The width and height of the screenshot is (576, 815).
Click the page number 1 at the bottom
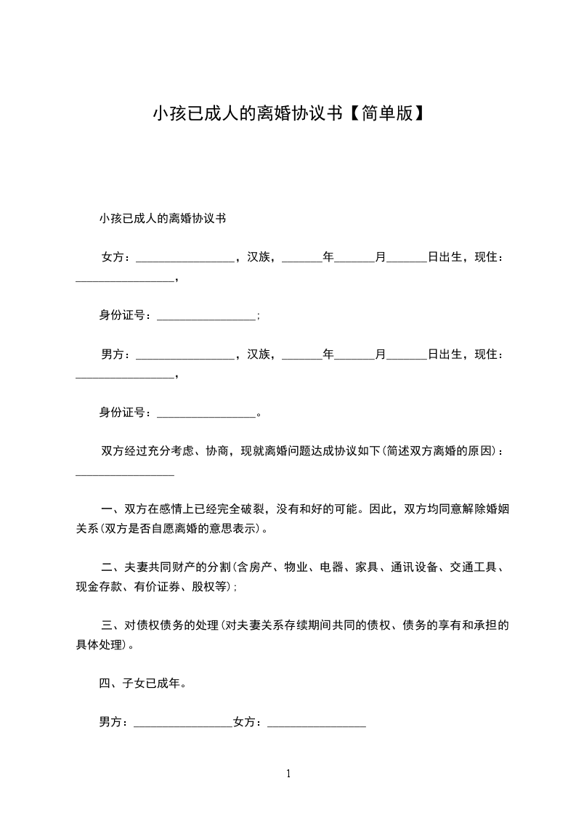click(x=288, y=774)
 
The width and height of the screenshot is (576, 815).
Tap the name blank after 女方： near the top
click(x=184, y=259)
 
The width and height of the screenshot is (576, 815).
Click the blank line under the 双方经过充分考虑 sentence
click(x=125, y=474)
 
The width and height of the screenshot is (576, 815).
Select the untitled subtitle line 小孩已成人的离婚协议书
click(x=163, y=218)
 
